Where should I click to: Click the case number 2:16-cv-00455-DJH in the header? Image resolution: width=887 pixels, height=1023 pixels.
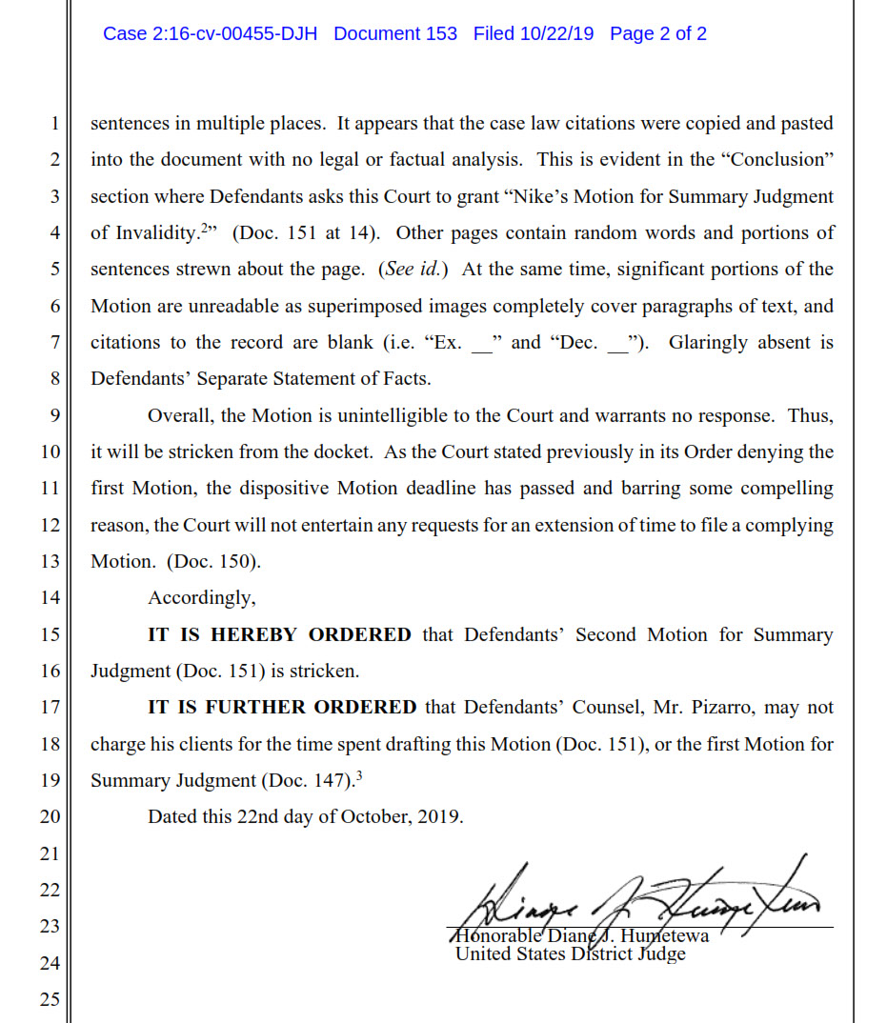pyautogui.click(x=210, y=34)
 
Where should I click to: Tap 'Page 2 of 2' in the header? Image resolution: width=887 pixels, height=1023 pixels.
pyautogui.click(x=658, y=34)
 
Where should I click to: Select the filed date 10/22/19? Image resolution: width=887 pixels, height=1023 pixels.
pyautogui.click(x=556, y=34)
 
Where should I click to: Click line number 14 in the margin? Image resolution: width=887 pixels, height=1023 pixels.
pyautogui.click(x=50, y=598)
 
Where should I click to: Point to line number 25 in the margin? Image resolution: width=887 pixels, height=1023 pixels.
pyautogui.click(x=50, y=999)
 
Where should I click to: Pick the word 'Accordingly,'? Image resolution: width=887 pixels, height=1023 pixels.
pyautogui.click(x=201, y=598)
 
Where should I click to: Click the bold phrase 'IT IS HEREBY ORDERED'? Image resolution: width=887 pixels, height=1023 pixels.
pyautogui.click(x=279, y=634)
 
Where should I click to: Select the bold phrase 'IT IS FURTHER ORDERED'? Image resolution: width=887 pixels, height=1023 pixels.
pyautogui.click(x=282, y=707)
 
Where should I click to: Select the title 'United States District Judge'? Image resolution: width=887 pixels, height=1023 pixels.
pyautogui.click(x=570, y=953)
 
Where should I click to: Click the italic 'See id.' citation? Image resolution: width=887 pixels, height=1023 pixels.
pyautogui.click(x=412, y=270)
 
